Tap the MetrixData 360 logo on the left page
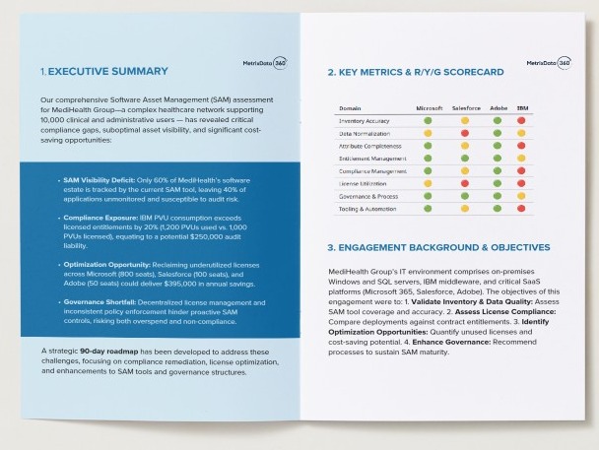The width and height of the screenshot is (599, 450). coord(264,61)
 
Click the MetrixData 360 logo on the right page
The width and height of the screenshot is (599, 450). coord(549,61)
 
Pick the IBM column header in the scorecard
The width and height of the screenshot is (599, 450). coord(522,106)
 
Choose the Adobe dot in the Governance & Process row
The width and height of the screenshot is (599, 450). coord(496,195)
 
